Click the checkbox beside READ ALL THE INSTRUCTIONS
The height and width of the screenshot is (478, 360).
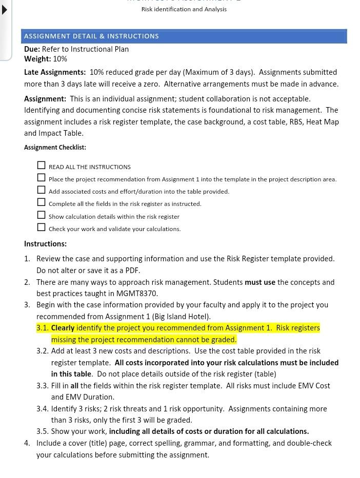pyautogui.click(x=41, y=165)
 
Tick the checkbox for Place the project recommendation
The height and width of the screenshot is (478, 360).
pyautogui.click(x=41, y=177)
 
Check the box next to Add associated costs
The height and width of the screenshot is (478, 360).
pyautogui.click(x=41, y=190)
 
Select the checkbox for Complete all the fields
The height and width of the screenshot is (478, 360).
pyautogui.click(x=41, y=202)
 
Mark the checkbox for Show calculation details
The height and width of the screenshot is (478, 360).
pyautogui.click(x=41, y=215)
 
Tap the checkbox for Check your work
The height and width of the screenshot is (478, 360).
pyautogui.click(x=41, y=227)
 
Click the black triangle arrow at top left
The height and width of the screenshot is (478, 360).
pyautogui.click(x=5, y=10)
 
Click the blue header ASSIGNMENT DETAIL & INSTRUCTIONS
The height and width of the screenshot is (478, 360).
pyautogui.click(x=91, y=36)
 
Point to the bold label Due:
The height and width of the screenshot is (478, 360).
pyautogui.click(x=32, y=49)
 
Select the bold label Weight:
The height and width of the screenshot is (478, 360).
pyautogui.click(x=37, y=59)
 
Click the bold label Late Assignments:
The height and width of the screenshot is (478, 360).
pyautogui.click(x=55, y=72)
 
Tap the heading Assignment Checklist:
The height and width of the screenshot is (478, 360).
pyautogui.click(x=55, y=148)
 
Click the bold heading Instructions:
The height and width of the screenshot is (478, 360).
pyautogui.click(x=45, y=244)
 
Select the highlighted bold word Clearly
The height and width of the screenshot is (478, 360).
pyautogui.click(x=63, y=328)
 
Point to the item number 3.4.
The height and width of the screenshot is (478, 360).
pyautogui.click(x=43, y=409)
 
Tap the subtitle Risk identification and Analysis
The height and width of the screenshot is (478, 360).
pyautogui.click(x=184, y=9)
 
